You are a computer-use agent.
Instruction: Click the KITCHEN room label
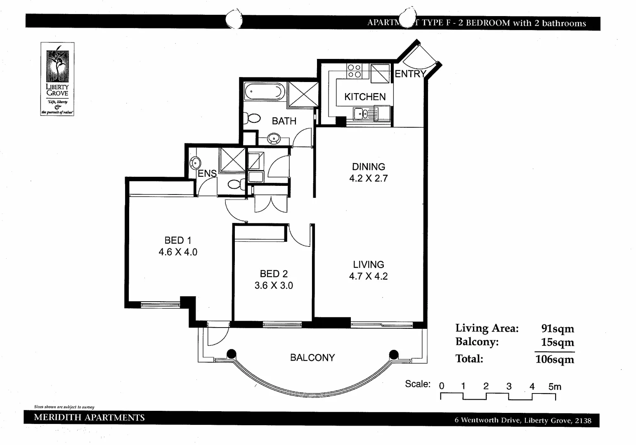click(x=365, y=97)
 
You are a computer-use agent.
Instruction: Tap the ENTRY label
click(x=410, y=74)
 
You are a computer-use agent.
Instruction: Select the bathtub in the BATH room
click(x=264, y=91)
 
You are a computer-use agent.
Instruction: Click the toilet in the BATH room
click(x=252, y=119)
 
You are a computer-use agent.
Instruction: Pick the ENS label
click(x=207, y=173)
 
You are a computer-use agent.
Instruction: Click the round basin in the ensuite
click(x=195, y=163)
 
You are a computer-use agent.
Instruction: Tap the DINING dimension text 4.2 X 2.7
click(x=368, y=178)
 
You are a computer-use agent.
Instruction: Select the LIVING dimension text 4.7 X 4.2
click(x=368, y=276)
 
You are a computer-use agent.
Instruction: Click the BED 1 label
click(x=177, y=240)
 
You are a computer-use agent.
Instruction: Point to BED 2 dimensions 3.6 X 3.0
click(x=274, y=286)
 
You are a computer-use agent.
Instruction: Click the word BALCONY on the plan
click(x=312, y=358)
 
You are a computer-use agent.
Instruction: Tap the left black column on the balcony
click(x=232, y=354)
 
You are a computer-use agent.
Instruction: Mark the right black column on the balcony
click(x=394, y=354)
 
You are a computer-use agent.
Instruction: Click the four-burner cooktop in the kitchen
click(x=354, y=71)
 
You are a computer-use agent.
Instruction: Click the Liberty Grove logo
click(x=57, y=79)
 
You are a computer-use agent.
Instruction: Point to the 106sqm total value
click(x=555, y=359)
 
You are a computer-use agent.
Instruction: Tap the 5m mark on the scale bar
click(x=555, y=387)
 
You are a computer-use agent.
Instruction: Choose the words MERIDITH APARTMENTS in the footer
click(x=89, y=417)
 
